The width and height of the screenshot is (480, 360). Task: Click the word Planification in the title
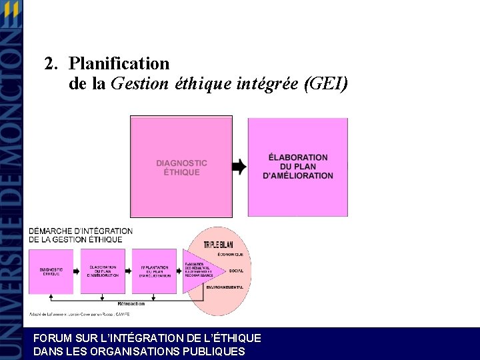[119, 64]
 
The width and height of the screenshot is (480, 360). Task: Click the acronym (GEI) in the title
[325, 85]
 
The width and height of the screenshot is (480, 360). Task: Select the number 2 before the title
[49, 64]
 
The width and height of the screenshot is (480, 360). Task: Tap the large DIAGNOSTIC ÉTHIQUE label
[181, 167]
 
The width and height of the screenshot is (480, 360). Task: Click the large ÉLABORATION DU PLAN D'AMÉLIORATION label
[298, 167]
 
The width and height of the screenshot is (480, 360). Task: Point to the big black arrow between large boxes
[239, 167]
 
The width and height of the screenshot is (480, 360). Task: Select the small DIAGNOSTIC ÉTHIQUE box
[51, 271]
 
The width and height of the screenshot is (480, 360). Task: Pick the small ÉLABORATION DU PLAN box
[103, 271]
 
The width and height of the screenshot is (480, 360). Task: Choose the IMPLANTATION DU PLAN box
[154, 271]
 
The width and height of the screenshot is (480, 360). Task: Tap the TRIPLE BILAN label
[222, 245]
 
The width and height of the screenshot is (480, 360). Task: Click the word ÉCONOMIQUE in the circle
[229, 255]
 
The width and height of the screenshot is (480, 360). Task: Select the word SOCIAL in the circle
[236, 271]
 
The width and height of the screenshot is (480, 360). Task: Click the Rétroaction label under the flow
[135, 304]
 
